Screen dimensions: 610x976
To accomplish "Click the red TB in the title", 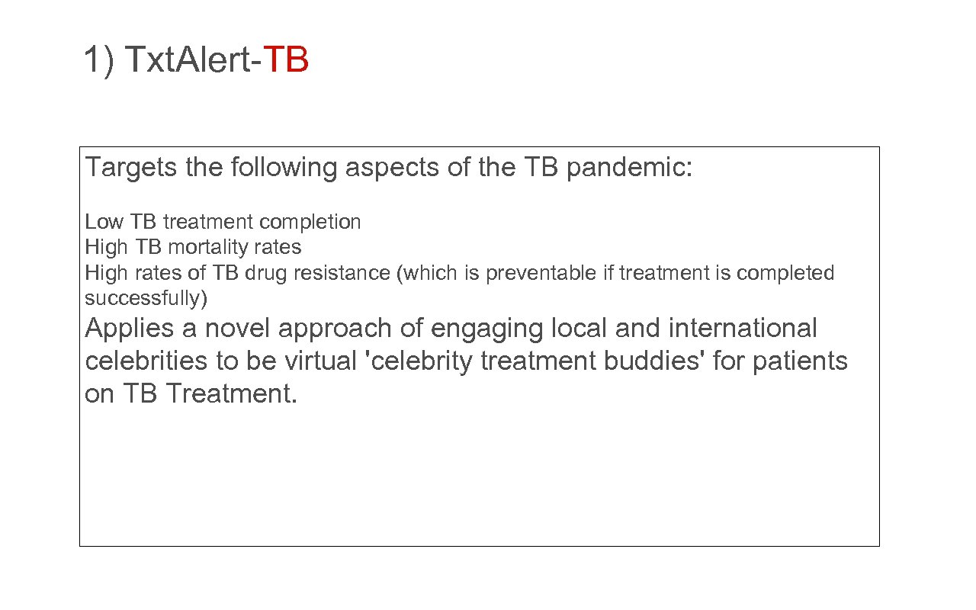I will pos(286,59).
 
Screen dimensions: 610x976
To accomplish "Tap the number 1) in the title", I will pos(99,59).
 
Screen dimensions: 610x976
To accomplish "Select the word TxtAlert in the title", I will pos(186,59).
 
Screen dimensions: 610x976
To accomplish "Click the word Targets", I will pos(131,167).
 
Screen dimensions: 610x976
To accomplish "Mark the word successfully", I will pos(146,297).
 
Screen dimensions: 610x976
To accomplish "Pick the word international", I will pos(742,329).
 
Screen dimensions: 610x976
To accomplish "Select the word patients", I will pos(800,361).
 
